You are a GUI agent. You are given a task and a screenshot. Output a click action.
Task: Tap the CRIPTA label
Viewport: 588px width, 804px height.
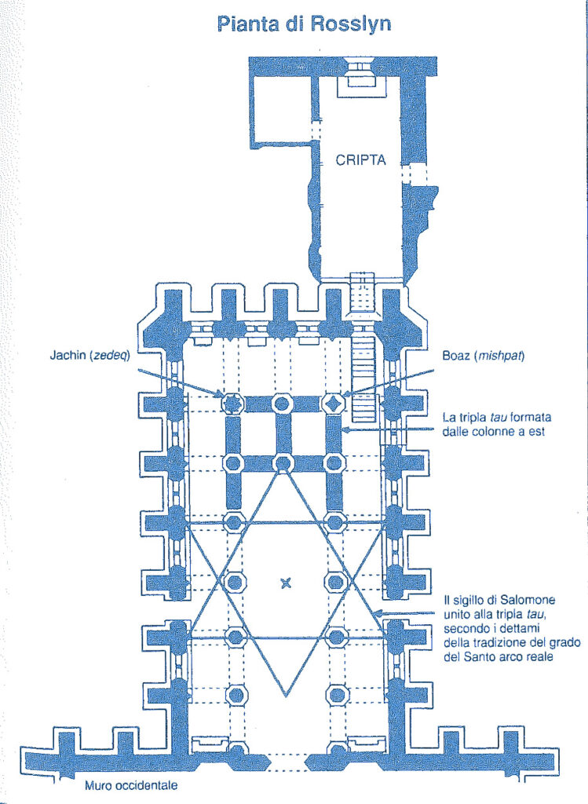(360, 160)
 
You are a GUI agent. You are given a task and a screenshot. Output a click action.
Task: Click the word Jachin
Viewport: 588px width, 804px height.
(68, 356)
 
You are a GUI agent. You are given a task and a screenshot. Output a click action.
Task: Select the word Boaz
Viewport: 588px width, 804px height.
(456, 356)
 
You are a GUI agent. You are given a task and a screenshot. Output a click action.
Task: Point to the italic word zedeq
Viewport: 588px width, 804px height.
(109, 356)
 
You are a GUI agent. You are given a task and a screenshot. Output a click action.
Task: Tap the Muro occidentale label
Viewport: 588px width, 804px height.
(131, 785)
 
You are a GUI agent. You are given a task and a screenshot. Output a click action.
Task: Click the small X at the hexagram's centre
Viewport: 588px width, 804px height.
(286, 583)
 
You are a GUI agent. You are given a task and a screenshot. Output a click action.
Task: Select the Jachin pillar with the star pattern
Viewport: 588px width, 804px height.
(232, 404)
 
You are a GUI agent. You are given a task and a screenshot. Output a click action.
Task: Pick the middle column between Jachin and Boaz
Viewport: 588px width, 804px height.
(281, 404)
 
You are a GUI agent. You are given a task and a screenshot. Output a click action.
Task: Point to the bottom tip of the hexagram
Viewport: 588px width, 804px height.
(286, 697)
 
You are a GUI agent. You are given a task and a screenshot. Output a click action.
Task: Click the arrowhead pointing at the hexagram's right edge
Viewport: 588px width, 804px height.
(378, 612)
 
